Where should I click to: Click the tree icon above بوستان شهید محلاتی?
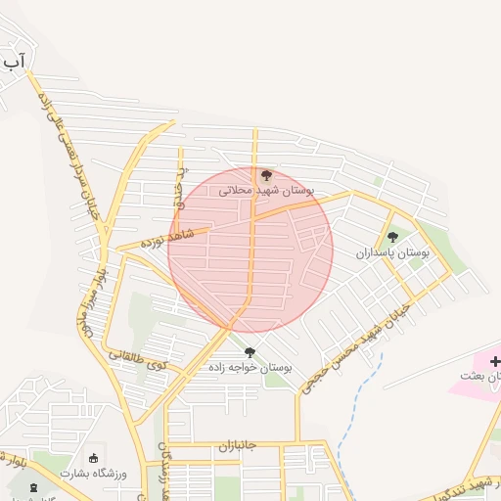266,176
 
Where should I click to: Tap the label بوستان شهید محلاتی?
266,192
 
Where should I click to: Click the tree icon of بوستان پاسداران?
393,237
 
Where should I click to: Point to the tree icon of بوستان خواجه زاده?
250,352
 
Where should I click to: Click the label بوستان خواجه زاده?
250,368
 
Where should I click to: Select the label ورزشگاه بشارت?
94,473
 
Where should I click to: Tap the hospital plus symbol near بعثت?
493,360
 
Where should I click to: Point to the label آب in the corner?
13,62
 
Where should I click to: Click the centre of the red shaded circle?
250,250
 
